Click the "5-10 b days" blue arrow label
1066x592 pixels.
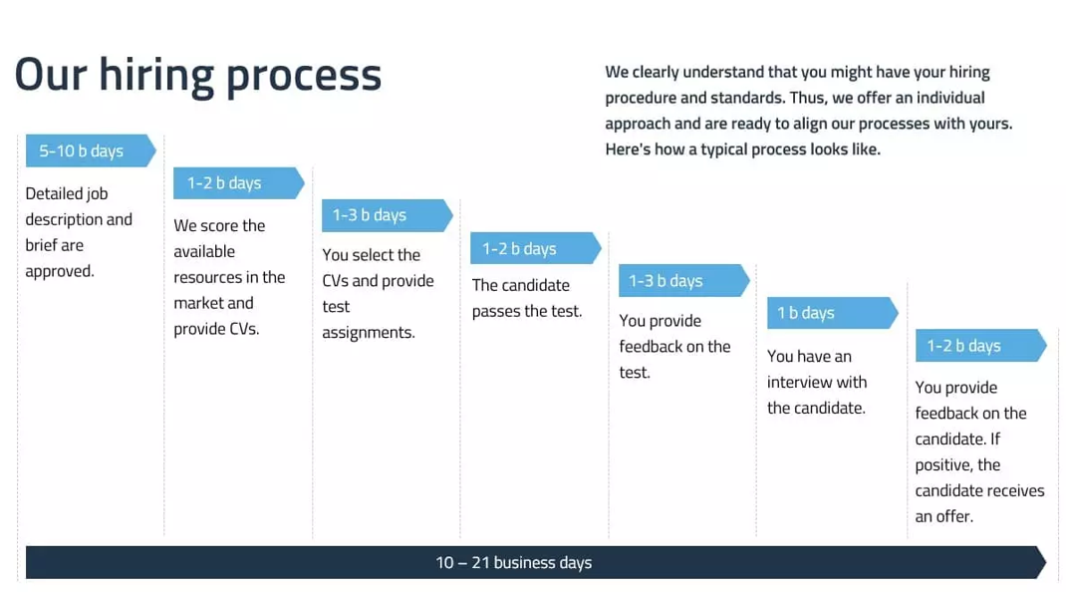[91, 150]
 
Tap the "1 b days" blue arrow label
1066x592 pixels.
[833, 313]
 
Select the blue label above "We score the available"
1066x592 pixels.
[239, 183]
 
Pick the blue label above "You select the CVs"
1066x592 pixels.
[388, 215]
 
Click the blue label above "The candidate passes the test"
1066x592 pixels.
[536, 248]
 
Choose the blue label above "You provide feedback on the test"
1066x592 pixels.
[684, 280]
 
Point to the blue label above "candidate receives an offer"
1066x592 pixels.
[981, 346]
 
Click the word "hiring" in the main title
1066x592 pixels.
[155, 76]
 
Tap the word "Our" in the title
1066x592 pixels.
[51, 75]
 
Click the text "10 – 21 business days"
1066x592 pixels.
[514, 563]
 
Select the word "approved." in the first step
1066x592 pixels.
[60, 271]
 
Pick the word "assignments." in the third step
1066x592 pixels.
[369, 333]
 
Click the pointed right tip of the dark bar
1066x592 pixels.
[1046, 563]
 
